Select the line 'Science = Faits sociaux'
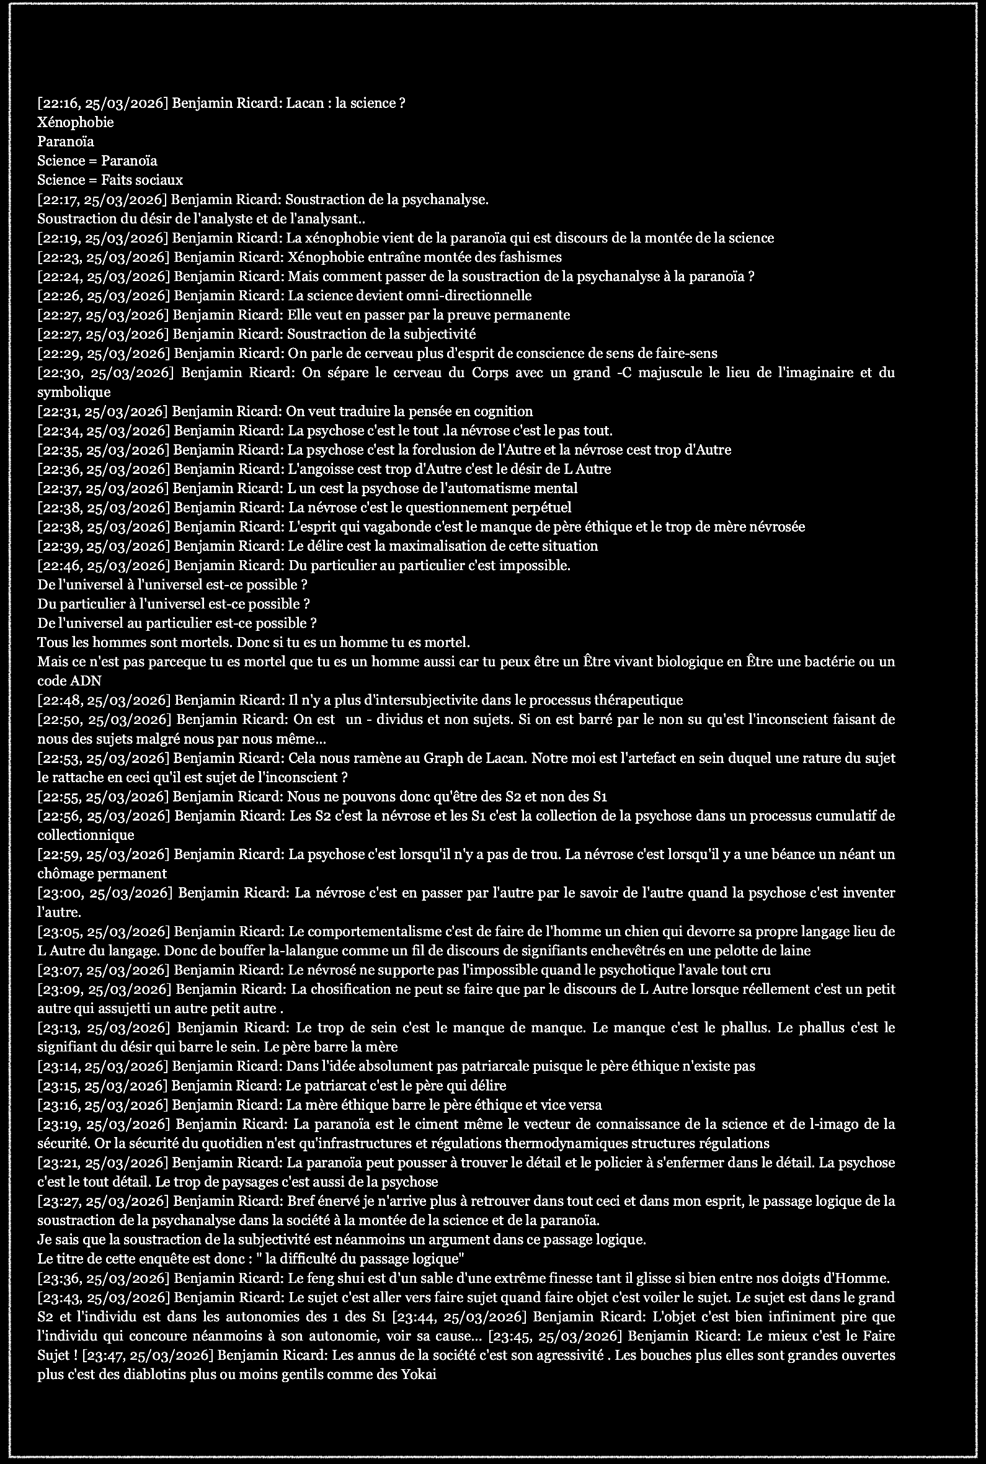pos(110,181)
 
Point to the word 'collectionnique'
pos(86,836)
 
